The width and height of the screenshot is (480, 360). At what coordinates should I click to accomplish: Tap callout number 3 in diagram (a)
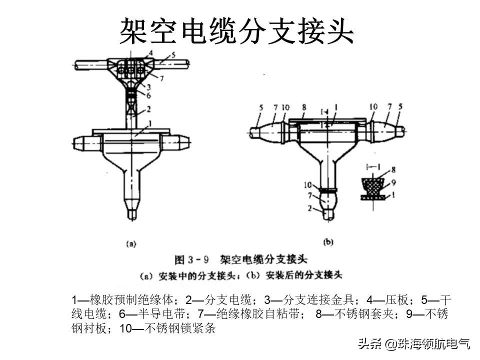[149, 87]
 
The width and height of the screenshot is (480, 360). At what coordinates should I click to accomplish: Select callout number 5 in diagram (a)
[172, 55]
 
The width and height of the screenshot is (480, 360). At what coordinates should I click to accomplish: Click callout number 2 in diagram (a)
[149, 109]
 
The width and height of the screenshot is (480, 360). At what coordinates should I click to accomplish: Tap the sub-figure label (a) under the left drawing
[130, 244]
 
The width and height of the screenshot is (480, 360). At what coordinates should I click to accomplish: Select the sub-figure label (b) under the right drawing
[328, 242]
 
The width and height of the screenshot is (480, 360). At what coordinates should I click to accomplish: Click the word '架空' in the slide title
[143, 32]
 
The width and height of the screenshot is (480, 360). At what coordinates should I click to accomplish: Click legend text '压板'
[401, 300]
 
